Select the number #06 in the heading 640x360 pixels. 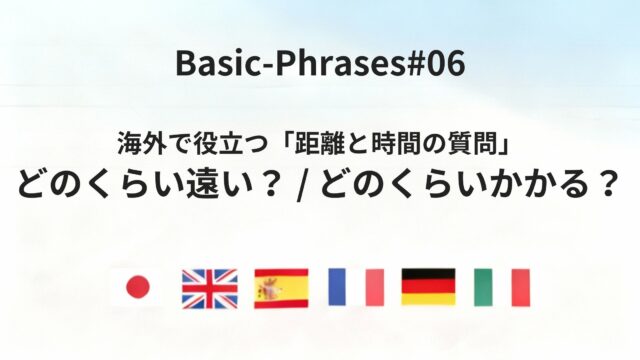click(431, 63)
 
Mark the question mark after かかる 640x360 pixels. click(605, 187)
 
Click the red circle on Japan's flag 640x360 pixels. click(137, 288)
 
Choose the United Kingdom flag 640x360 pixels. click(209, 288)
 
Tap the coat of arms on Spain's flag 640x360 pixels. click(269, 288)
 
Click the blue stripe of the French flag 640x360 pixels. click(337, 288)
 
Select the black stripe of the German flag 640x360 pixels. click(428, 274)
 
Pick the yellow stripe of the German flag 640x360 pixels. click(428, 300)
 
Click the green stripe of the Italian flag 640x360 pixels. click(483, 288)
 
